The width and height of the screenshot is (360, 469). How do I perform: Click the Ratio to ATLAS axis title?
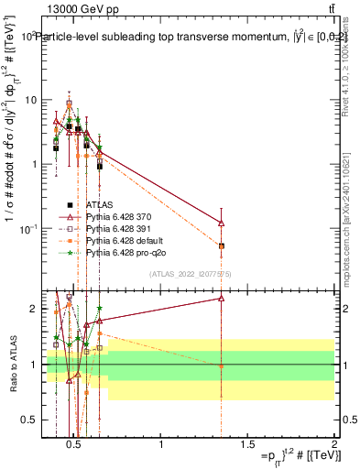coord(12,365)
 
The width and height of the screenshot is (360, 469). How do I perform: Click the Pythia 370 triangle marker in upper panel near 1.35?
coord(222,223)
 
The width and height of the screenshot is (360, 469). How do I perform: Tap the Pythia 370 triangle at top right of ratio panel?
coord(222,298)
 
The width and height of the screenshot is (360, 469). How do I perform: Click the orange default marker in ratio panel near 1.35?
coord(222,366)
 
